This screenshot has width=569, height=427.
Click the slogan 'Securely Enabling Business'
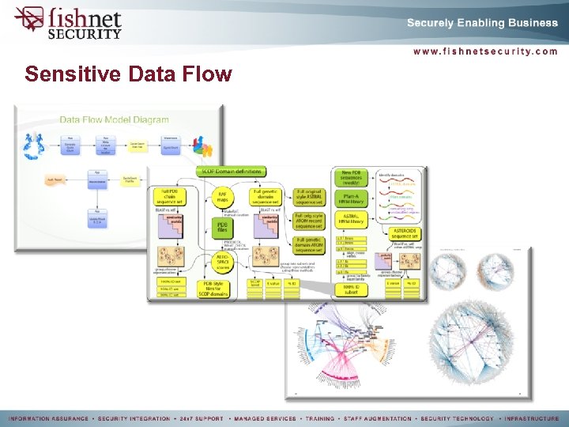click(x=482, y=23)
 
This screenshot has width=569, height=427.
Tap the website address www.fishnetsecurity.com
click(x=484, y=51)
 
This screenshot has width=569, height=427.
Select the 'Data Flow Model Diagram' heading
click(x=114, y=120)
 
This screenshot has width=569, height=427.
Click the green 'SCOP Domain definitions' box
click(x=232, y=172)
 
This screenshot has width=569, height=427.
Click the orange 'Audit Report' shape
click(x=55, y=180)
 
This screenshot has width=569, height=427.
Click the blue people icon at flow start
click(x=34, y=147)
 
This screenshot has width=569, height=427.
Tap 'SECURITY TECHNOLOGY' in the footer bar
click(x=459, y=418)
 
